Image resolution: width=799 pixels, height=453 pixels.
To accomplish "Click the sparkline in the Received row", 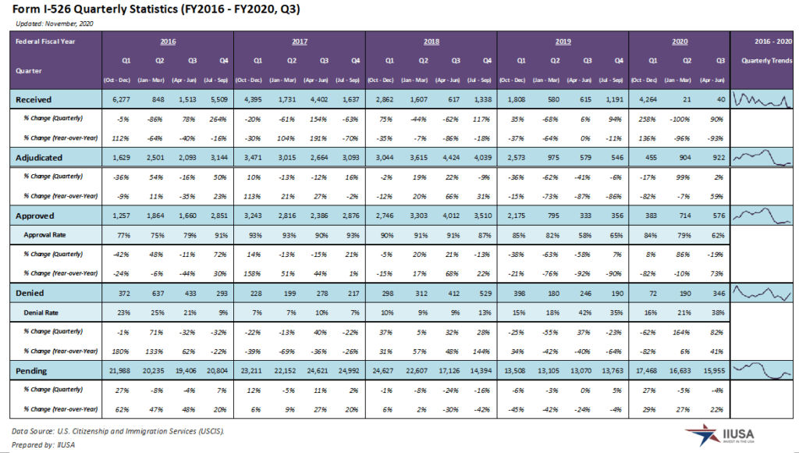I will (x=764, y=99).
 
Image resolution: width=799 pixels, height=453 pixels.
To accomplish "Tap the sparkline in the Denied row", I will (x=764, y=294).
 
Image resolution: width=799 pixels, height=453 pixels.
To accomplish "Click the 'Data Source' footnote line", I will (x=117, y=430).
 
